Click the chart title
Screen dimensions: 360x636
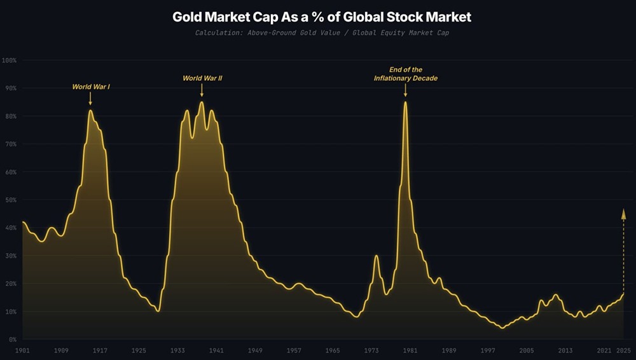(x=322, y=17)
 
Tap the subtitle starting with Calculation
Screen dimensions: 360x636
(x=322, y=32)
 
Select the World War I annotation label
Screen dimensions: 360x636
(x=91, y=86)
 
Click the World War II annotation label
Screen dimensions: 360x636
(x=202, y=78)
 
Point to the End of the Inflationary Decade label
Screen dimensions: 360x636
(x=405, y=74)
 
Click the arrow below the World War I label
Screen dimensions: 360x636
(x=90, y=99)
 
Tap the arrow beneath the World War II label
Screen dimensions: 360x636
(x=202, y=91)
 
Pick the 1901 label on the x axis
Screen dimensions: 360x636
(x=23, y=350)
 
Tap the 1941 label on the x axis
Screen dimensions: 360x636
(x=216, y=350)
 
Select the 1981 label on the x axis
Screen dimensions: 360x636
(x=410, y=350)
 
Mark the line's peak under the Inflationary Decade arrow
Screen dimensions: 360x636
(x=405, y=102)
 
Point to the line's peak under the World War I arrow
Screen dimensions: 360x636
(x=90, y=111)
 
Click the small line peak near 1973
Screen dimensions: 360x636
(x=376, y=256)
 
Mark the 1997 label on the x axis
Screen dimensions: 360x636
(x=487, y=350)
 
